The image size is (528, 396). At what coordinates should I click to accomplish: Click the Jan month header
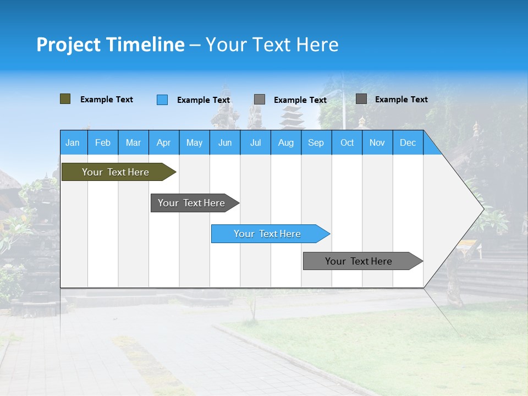click(73, 142)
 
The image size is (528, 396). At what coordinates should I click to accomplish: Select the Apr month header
click(163, 142)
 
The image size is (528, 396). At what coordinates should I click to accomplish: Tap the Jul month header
click(255, 142)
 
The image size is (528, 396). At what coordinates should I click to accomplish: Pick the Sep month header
click(316, 142)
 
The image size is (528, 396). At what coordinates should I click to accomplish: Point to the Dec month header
click(408, 142)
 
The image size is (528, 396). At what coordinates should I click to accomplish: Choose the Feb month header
click(103, 142)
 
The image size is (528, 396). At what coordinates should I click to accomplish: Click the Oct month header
click(347, 142)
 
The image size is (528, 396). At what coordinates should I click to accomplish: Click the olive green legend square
click(65, 99)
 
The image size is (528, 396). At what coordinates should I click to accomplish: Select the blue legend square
click(162, 100)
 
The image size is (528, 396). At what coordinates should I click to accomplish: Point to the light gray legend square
click(260, 100)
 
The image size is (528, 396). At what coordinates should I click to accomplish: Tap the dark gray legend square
click(361, 99)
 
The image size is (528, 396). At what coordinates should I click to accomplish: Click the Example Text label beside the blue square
click(204, 100)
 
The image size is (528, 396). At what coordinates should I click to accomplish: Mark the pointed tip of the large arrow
click(483, 208)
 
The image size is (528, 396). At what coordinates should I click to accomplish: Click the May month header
click(194, 142)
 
